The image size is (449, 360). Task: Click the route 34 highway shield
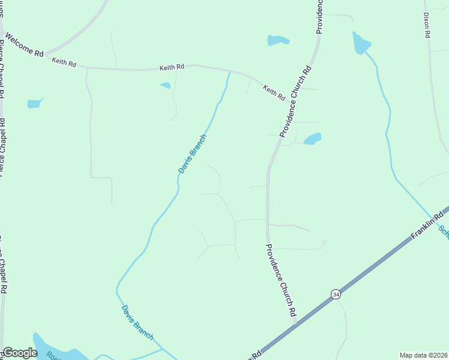(x=336, y=294)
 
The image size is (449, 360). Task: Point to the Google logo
(x=19, y=353)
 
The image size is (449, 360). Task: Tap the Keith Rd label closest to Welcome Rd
(x=64, y=62)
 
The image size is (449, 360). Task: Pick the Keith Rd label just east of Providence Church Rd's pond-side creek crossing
(x=274, y=92)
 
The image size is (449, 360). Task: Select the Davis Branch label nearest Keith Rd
(x=193, y=154)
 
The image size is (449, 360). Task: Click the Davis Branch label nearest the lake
(x=137, y=320)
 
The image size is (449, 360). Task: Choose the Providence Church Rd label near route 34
(x=281, y=280)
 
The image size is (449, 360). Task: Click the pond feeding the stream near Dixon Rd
(x=361, y=43)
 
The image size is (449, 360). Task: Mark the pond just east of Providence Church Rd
(x=312, y=139)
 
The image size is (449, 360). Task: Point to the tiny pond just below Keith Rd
(x=165, y=85)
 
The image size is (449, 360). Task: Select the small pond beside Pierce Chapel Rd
(x=35, y=103)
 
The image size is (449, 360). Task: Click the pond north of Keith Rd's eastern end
(x=278, y=40)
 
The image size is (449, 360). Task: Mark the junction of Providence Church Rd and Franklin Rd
(x=295, y=325)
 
